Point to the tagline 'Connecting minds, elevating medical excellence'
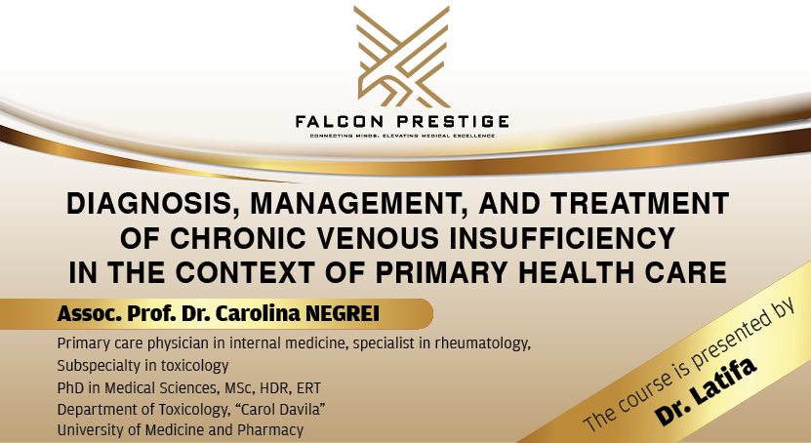[x=403, y=135]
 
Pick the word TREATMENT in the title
[x=630, y=204]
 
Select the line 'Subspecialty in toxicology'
[x=142, y=366]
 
